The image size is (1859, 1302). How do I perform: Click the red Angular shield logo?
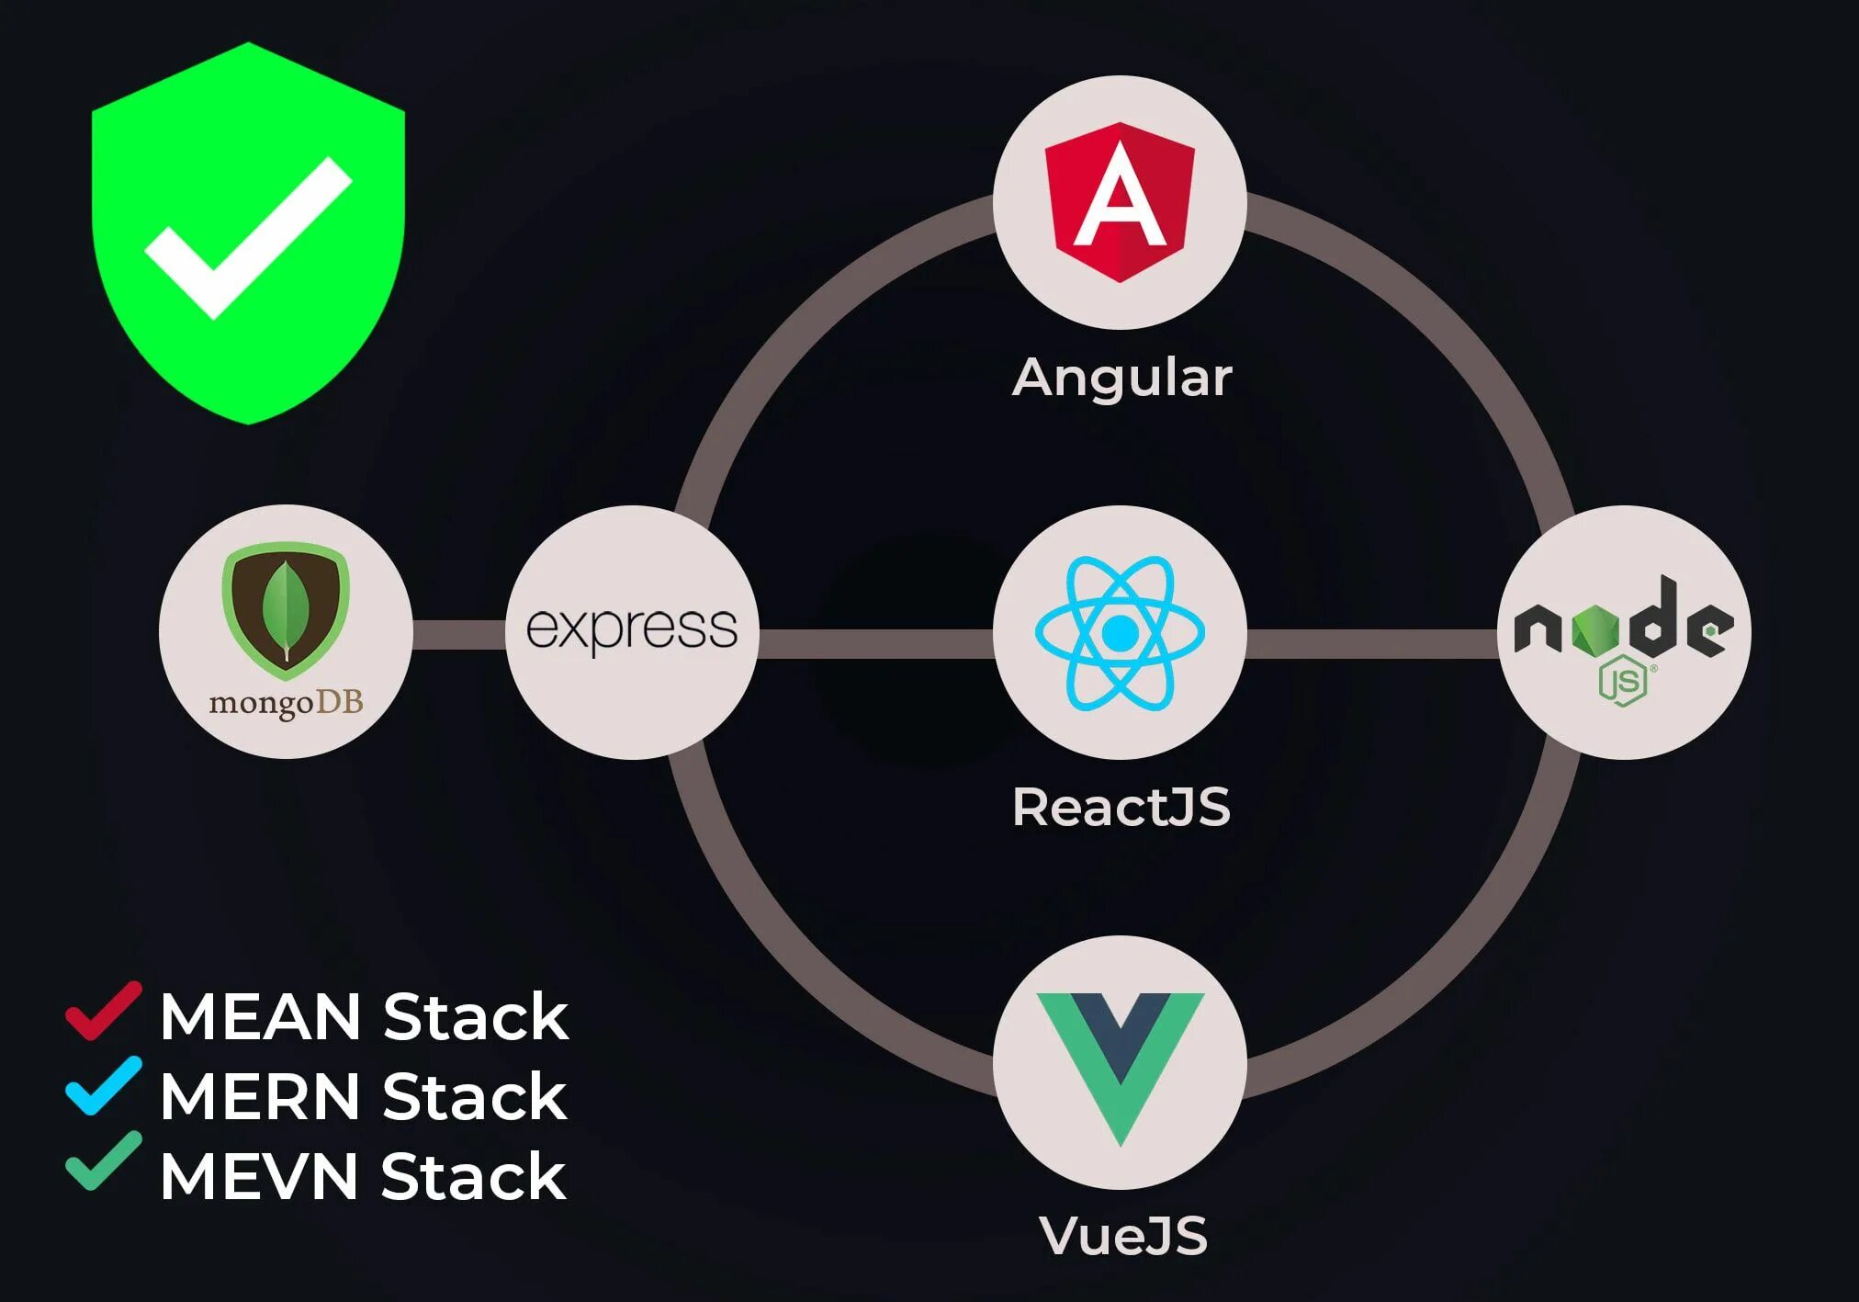click(1120, 201)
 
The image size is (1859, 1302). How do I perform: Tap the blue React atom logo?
click(1120, 632)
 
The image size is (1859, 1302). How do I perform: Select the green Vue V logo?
click(1120, 1066)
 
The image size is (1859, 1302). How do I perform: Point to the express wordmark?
click(632, 630)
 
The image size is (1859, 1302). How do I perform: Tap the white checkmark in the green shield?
click(248, 237)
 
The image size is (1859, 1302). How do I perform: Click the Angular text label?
click(1121, 378)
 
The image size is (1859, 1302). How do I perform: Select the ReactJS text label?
click(1121, 808)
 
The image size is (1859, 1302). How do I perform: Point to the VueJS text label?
click(1122, 1235)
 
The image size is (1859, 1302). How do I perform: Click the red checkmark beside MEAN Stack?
click(103, 1011)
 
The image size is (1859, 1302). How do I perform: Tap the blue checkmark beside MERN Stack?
click(103, 1086)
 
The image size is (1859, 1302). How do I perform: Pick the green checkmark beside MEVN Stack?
click(103, 1161)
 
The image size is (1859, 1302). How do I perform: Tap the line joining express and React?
click(875, 643)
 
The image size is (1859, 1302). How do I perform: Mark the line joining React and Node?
click(1371, 643)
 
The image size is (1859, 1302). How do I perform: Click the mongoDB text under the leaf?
click(286, 703)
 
